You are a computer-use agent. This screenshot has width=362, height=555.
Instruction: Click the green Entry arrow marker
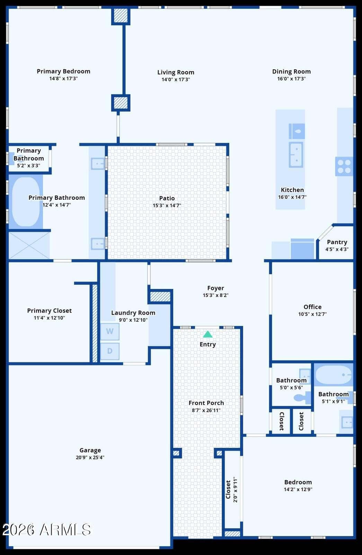(x=208, y=334)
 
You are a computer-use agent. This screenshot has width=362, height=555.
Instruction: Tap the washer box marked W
(x=110, y=331)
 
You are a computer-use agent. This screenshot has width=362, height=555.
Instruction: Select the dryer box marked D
(x=110, y=351)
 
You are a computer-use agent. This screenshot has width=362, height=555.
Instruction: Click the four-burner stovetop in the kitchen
(x=344, y=166)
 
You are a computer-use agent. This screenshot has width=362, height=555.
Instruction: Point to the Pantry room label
(x=337, y=242)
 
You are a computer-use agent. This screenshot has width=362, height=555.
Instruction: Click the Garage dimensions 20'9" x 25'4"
(x=90, y=458)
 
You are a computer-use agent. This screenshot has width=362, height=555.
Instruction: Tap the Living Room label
(x=176, y=72)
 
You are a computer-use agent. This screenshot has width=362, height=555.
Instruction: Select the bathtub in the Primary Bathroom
(x=26, y=202)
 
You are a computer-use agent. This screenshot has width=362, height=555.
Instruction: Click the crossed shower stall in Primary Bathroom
(x=29, y=245)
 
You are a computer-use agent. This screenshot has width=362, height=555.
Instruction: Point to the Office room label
(x=312, y=307)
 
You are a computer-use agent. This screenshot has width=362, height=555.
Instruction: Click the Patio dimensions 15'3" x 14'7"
(x=167, y=205)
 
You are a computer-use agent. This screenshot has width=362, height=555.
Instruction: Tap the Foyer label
(x=215, y=288)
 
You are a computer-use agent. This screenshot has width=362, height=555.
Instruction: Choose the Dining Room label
(x=291, y=71)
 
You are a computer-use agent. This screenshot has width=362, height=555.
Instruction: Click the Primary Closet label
(x=50, y=311)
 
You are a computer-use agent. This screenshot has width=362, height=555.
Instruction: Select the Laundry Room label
(x=133, y=313)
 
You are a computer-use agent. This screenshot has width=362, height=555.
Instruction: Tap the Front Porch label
(x=206, y=403)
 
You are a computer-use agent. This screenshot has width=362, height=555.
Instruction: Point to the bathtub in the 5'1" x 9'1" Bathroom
(x=334, y=375)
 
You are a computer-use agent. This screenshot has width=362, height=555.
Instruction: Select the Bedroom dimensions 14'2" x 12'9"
(x=298, y=489)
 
